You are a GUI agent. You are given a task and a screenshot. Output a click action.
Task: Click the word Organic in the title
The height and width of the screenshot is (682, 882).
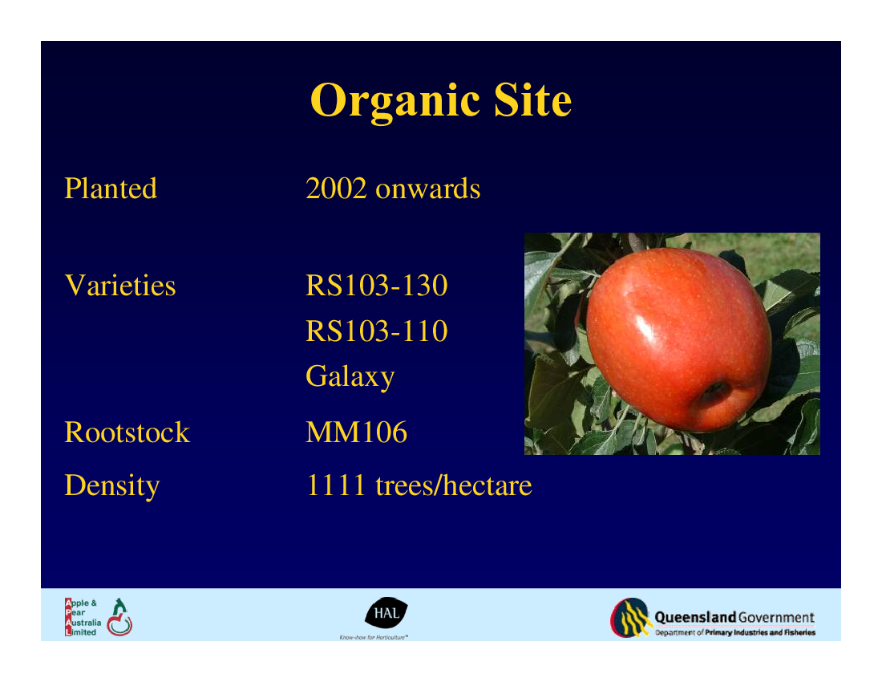click(x=394, y=101)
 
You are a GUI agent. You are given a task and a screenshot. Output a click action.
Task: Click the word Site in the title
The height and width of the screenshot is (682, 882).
click(x=532, y=99)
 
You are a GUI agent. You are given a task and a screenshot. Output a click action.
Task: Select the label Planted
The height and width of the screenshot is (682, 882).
click(x=111, y=188)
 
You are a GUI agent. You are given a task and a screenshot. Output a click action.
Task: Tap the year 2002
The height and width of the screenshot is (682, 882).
click(x=336, y=188)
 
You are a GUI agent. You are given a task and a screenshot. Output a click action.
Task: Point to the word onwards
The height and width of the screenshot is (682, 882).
click(x=427, y=189)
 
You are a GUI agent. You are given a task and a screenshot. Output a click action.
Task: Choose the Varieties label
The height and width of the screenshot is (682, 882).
click(x=119, y=285)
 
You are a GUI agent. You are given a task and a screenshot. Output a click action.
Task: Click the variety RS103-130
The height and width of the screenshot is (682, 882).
click(x=376, y=285)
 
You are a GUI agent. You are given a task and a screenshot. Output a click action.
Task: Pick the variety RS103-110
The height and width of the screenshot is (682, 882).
click(x=376, y=331)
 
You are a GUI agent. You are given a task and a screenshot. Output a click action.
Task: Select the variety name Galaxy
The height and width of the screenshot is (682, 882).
click(x=350, y=376)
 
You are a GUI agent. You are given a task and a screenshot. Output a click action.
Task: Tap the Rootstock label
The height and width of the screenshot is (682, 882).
click(x=127, y=432)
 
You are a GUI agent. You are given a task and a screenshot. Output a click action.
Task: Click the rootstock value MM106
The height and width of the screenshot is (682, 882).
click(x=356, y=432)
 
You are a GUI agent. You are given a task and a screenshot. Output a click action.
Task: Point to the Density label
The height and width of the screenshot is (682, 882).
click(x=112, y=485)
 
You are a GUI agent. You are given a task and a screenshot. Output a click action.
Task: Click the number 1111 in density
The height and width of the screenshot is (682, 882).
click(x=336, y=485)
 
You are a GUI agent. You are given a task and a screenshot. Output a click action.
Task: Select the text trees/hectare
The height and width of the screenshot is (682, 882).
click(x=453, y=485)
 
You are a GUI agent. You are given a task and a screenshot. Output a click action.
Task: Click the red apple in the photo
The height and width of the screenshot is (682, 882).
click(x=678, y=338)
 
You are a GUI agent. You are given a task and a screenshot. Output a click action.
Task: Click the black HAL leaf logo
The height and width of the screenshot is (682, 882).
click(x=386, y=613)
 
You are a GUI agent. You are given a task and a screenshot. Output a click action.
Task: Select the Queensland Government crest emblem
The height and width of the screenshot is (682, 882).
click(x=631, y=617)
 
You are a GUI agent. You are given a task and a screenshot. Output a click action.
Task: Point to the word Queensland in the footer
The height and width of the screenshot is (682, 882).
click(x=695, y=617)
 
